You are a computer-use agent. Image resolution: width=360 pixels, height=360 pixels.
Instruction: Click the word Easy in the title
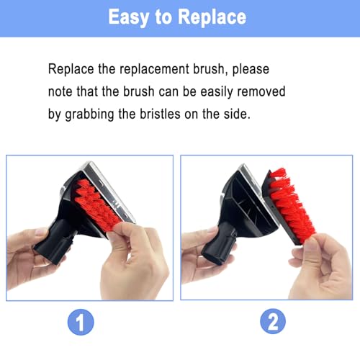click(129, 17)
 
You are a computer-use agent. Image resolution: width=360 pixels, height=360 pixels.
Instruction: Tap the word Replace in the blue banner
click(212, 17)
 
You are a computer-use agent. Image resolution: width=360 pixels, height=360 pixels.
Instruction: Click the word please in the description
click(251, 70)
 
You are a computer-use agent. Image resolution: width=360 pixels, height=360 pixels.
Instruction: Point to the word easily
click(217, 92)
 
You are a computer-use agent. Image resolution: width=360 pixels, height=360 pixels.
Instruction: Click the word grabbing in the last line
click(89, 114)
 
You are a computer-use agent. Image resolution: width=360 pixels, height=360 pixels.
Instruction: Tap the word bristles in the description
click(160, 114)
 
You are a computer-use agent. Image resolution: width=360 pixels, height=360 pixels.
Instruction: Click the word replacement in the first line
click(154, 70)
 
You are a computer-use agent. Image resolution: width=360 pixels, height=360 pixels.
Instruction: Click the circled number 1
click(81, 322)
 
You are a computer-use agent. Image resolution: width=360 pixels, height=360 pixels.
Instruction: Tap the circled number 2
click(273, 321)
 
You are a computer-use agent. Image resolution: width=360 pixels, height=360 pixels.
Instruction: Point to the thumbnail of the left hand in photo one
click(41, 232)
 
